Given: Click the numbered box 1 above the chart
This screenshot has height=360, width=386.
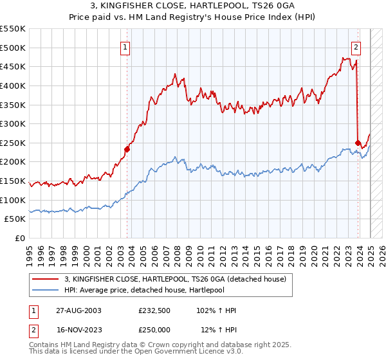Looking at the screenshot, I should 125,46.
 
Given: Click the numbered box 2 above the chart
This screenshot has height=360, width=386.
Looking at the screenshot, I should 356,46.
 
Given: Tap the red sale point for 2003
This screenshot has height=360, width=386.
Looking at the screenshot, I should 127,149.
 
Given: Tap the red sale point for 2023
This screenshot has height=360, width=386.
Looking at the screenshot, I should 358,143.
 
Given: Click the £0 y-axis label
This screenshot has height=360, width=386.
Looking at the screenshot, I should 19,239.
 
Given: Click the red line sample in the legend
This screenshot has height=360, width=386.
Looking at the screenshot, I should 46,278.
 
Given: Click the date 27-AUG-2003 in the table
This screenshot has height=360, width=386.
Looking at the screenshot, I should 78,310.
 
